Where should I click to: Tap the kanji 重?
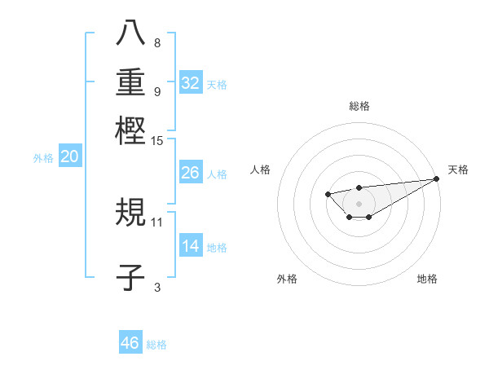coord(130,82)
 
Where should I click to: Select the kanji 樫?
coord(130,130)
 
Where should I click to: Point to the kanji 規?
coord(130,213)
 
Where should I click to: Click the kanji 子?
coord(130,278)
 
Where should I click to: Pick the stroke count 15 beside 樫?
coord(157,141)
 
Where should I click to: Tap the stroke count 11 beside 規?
coord(157,221)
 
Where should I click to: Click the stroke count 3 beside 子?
coord(157,286)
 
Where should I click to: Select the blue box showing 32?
coord(191,83)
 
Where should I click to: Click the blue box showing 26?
coord(191,173)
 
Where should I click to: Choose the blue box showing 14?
coord(191,246)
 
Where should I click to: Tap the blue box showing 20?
coord(70,157)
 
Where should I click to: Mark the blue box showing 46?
coord(130,343)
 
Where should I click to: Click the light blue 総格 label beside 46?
coord(156,345)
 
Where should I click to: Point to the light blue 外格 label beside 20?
coord(43,158)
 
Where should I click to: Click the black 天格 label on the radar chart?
coord(458,169)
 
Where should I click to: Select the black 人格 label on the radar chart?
coord(261,169)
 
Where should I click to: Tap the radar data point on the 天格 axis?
coord(438,178)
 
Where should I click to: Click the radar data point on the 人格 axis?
coord(328,194)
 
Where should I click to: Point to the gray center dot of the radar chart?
coord(359,203)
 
